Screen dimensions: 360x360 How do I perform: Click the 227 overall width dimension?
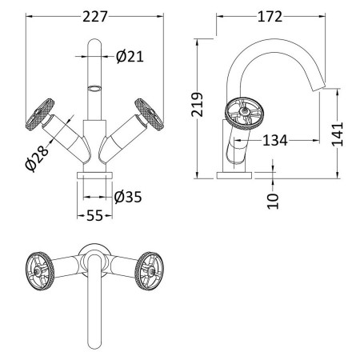[x=95, y=17]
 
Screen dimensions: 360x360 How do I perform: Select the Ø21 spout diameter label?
[x=130, y=56]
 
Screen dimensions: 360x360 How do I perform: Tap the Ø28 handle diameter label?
[x=37, y=158]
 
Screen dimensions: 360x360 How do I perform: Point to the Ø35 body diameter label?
[x=128, y=197]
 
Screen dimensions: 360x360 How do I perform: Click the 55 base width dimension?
[x=94, y=215]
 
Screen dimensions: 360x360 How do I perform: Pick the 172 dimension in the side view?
[x=270, y=17]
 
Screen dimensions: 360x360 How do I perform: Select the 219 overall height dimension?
[x=198, y=105]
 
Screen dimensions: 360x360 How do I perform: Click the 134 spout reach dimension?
[x=275, y=140]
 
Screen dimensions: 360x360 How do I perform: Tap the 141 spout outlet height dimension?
[x=338, y=134]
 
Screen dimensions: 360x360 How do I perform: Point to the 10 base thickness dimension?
[x=273, y=201]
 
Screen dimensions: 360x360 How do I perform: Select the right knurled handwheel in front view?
[x=149, y=114]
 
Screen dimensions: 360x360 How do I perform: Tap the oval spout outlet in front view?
[x=94, y=88]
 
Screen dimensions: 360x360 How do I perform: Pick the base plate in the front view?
[x=94, y=175]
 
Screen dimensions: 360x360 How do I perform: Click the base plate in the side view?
[x=234, y=175]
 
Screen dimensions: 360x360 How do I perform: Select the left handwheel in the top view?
[x=40, y=271]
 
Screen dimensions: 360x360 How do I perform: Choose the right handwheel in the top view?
[x=149, y=271]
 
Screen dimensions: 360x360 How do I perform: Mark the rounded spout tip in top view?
[x=94, y=346]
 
